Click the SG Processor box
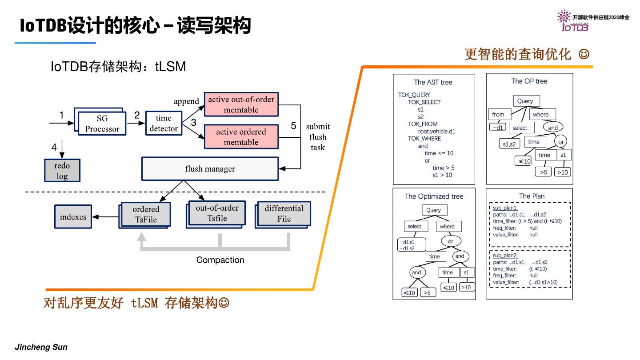(102, 124)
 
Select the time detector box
(164, 123)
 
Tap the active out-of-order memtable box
(241, 104)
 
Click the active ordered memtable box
(241, 137)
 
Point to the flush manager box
(210, 169)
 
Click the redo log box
(62, 171)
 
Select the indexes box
(73, 217)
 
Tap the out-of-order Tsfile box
(217, 213)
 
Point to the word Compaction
(220, 260)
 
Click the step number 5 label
(293, 126)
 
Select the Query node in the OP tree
(525, 101)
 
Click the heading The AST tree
(433, 82)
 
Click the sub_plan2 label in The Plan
(505, 256)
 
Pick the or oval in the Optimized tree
(450, 241)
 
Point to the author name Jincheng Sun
(41, 347)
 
